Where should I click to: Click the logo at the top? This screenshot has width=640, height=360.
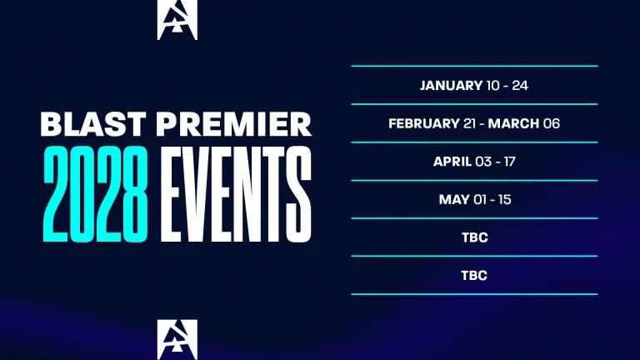click(177, 20)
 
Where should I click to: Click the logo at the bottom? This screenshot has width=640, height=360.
click(177, 339)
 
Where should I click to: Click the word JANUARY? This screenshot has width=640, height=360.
click(451, 85)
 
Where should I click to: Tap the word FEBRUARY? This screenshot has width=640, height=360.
click(424, 123)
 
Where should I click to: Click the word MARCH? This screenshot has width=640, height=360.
click(514, 123)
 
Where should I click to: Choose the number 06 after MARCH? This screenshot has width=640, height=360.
click(552, 123)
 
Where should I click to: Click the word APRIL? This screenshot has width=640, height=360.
click(452, 162)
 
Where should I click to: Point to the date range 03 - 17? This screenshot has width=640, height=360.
click(496, 162)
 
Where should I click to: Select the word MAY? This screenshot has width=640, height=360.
click(454, 200)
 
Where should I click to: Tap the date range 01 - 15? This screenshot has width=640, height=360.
click(492, 200)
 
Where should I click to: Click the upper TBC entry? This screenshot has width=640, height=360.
click(474, 237)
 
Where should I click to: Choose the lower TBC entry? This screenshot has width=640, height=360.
click(474, 275)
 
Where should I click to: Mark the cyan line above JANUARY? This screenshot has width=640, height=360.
click(474, 66)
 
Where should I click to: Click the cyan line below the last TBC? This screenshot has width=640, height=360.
click(474, 294)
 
